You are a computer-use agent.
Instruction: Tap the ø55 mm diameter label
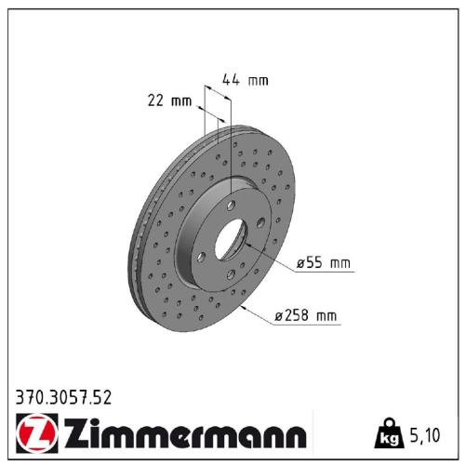click(324, 264)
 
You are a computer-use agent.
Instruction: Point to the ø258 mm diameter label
click(306, 317)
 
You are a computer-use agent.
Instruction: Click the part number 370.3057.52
click(64, 398)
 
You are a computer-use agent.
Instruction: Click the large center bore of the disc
click(231, 241)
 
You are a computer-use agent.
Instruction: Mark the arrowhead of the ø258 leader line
click(243, 304)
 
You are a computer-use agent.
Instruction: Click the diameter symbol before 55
click(300, 265)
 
